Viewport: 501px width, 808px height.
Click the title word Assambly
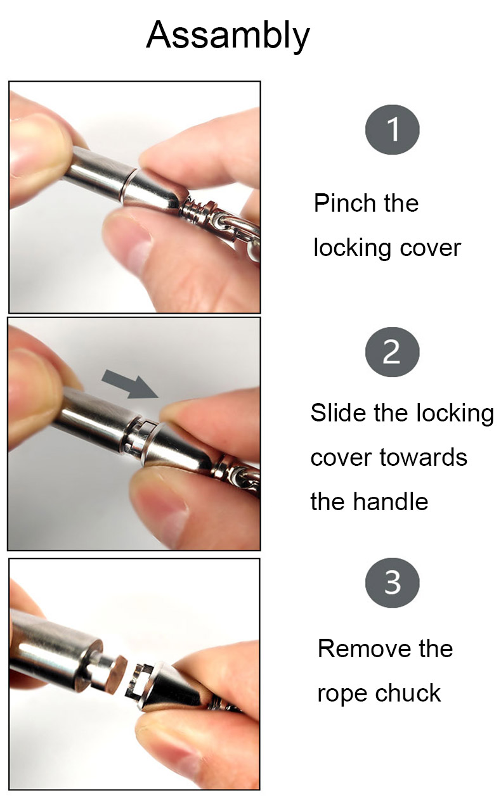pyautogui.click(x=228, y=35)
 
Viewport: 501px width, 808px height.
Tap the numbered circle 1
pyautogui.click(x=393, y=129)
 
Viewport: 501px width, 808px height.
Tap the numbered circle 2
pyautogui.click(x=393, y=352)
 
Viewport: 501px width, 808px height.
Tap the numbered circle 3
pyautogui.click(x=393, y=582)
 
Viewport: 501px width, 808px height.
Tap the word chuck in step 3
pyautogui.click(x=408, y=693)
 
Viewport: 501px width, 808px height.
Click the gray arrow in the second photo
pyautogui.click(x=130, y=384)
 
